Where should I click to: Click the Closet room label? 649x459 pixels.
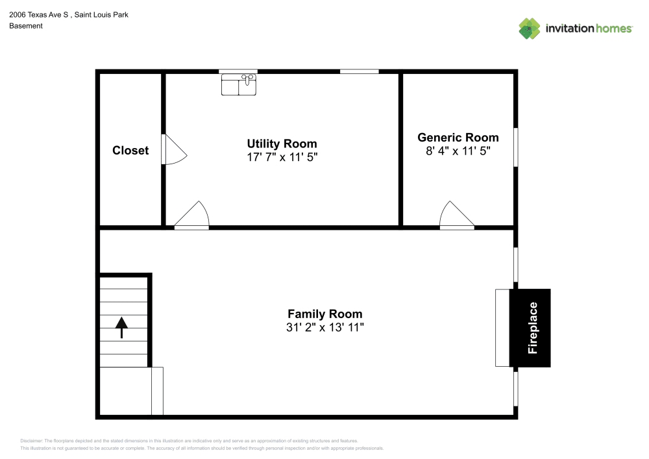[130, 150]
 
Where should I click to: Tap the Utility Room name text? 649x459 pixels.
[282, 143]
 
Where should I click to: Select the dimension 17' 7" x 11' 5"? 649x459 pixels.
[282, 157]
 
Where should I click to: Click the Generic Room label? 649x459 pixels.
[458, 137]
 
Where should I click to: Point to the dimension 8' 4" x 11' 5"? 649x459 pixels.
[458, 151]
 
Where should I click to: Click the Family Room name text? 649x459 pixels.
[324, 314]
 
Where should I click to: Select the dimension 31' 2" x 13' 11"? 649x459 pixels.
[324, 327]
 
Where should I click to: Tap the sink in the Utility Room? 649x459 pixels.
[238, 84]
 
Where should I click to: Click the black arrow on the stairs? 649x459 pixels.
[121, 327]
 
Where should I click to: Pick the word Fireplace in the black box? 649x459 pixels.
[533, 328]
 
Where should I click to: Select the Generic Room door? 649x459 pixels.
[457, 216]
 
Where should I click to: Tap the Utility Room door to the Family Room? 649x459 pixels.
[192, 216]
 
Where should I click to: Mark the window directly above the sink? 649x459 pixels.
[238, 71]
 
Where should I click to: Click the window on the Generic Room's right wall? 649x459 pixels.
[516, 147]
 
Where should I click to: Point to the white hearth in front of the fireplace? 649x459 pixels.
[502, 328]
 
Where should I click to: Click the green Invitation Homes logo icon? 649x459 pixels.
[529, 28]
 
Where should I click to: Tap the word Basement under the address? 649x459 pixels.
[26, 26]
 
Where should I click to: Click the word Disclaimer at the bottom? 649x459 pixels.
[31, 440]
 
